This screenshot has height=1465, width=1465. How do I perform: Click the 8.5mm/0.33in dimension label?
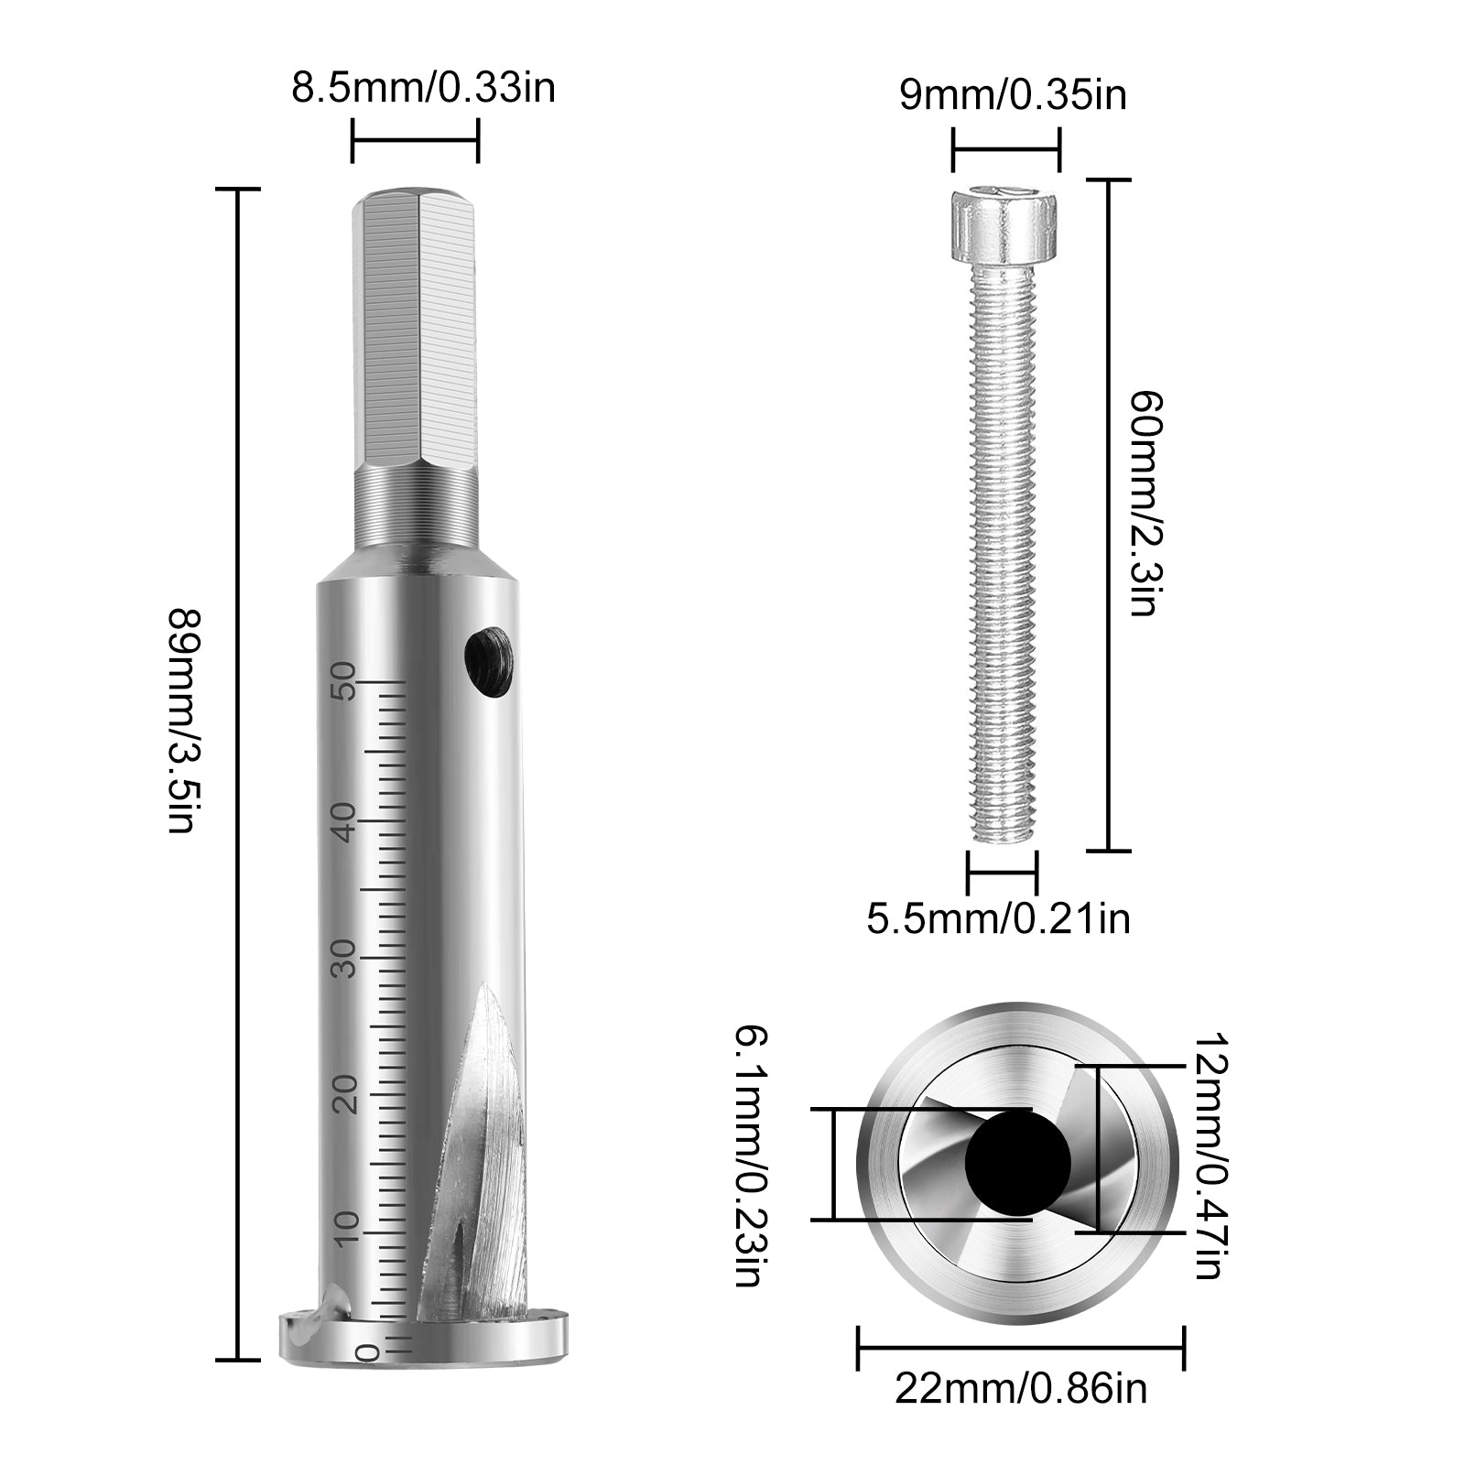pyautogui.click(x=423, y=89)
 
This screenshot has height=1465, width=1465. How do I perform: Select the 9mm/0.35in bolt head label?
pyautogui.click(x=1013, y=95)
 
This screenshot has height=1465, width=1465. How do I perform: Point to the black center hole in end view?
pyautogui.click(x=1017, y=1162)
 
